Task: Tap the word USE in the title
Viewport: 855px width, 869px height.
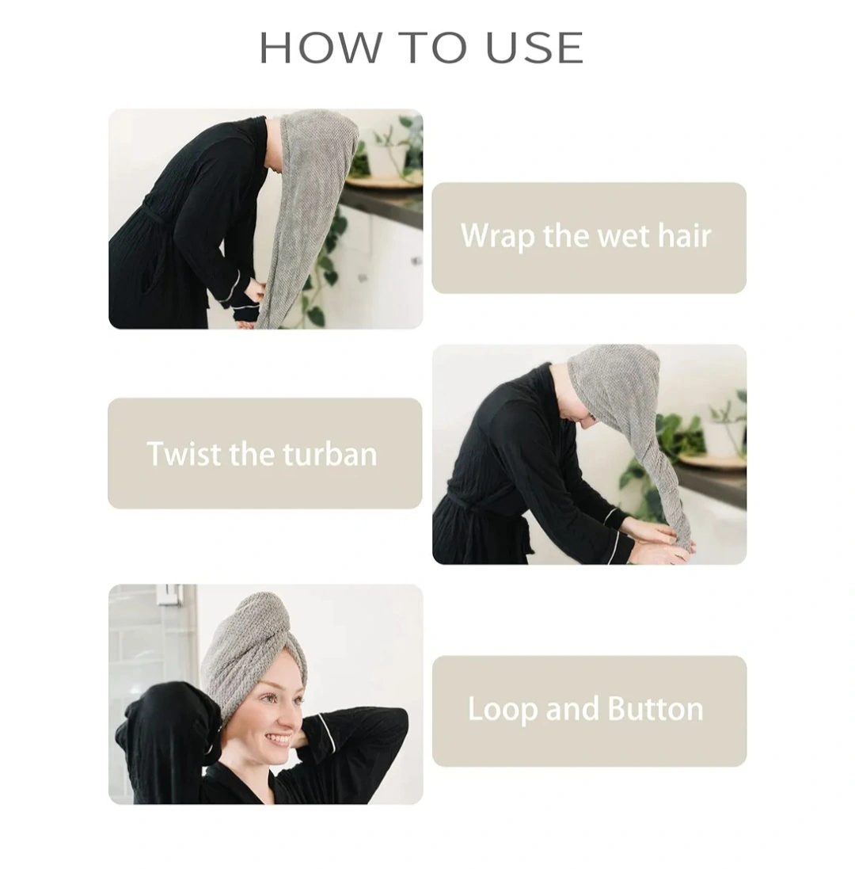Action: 535,48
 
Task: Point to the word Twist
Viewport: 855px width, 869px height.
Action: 184,454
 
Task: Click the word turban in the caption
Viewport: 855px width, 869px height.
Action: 330,454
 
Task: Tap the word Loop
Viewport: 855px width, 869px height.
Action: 503,710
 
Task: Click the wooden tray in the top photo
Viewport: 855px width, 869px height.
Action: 382,182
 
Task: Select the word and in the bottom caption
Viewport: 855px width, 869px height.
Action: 572,709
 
